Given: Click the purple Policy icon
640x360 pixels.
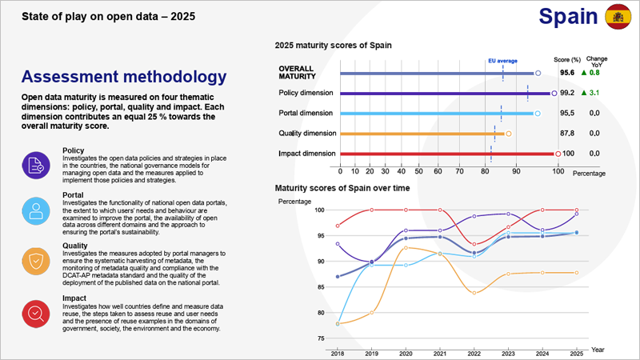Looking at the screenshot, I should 36,166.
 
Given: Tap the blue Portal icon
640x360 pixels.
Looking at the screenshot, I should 36,212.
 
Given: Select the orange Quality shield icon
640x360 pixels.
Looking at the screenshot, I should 36,261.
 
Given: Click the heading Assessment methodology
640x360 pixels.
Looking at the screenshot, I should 123,78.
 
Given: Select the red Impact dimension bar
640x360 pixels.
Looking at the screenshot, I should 448,153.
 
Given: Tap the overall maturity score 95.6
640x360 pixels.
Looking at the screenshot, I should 566,73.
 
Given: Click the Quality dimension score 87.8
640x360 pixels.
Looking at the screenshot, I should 566,133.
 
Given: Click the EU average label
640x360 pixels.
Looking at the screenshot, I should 502,60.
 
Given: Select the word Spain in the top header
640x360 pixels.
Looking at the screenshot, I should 568,16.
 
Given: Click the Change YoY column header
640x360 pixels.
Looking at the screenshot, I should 596,62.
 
